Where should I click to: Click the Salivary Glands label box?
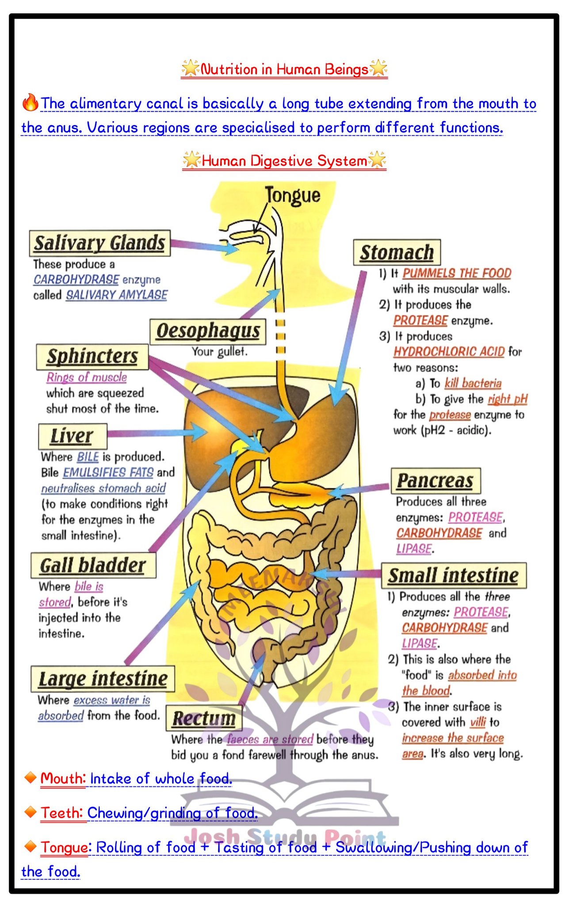100,243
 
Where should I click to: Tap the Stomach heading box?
397,252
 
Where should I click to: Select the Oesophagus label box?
208,331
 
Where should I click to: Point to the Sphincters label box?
92,357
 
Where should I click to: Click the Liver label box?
73,436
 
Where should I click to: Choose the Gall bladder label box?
93,565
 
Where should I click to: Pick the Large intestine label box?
103,679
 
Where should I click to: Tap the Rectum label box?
204,718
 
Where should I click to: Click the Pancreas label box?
435,481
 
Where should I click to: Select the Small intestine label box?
454,575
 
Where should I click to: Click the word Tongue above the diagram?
293,195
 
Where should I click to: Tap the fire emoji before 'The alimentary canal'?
30,103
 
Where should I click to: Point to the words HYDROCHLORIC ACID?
449,352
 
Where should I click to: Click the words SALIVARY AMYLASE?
117,295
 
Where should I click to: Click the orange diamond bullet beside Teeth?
30,812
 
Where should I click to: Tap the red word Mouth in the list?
62,778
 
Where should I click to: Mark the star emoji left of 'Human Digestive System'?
192,160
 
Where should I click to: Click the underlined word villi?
478,722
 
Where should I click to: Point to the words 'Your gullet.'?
219,352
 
